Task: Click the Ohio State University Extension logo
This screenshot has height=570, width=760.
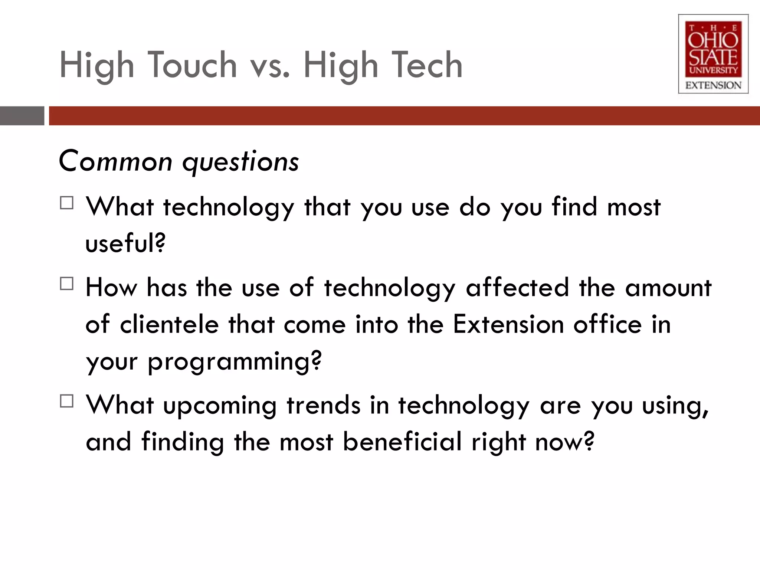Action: point(713,54)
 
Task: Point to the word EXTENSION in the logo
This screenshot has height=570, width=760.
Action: point(713,85)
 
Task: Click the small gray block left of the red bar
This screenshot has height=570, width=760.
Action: point(22,116)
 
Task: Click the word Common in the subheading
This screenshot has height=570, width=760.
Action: point(115,161)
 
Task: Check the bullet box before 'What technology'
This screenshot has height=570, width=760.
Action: point(66,203)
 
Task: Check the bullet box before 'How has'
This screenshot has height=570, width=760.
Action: point(66,284)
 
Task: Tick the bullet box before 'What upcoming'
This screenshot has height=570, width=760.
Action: point(66,401)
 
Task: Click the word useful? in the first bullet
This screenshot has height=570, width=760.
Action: point(125,243)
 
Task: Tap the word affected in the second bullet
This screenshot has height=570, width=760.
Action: point(517,288)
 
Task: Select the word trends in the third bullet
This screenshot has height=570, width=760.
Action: point(323,405)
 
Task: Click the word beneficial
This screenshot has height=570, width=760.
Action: point(402,442)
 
